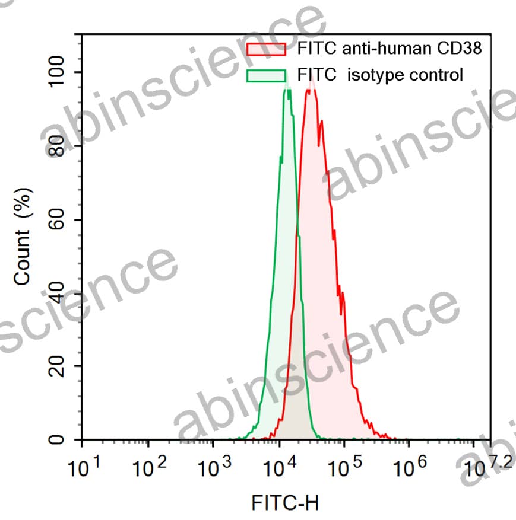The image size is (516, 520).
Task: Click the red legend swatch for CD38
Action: click(x=266, y=49)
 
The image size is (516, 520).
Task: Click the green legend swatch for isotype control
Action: click(x=266, y=75)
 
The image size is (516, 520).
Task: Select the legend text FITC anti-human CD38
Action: click(x=388, y=49)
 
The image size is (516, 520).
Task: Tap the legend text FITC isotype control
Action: click(x=380, y=75)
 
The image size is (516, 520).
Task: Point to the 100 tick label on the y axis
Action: click(x=58, y=72)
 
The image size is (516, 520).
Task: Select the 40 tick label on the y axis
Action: click(x=58, y=293)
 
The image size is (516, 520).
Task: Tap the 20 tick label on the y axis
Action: click(x=58, y=366)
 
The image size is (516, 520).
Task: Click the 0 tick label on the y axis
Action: click(x=58, y=441)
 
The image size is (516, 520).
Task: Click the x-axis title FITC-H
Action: click(x=285, y=503)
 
